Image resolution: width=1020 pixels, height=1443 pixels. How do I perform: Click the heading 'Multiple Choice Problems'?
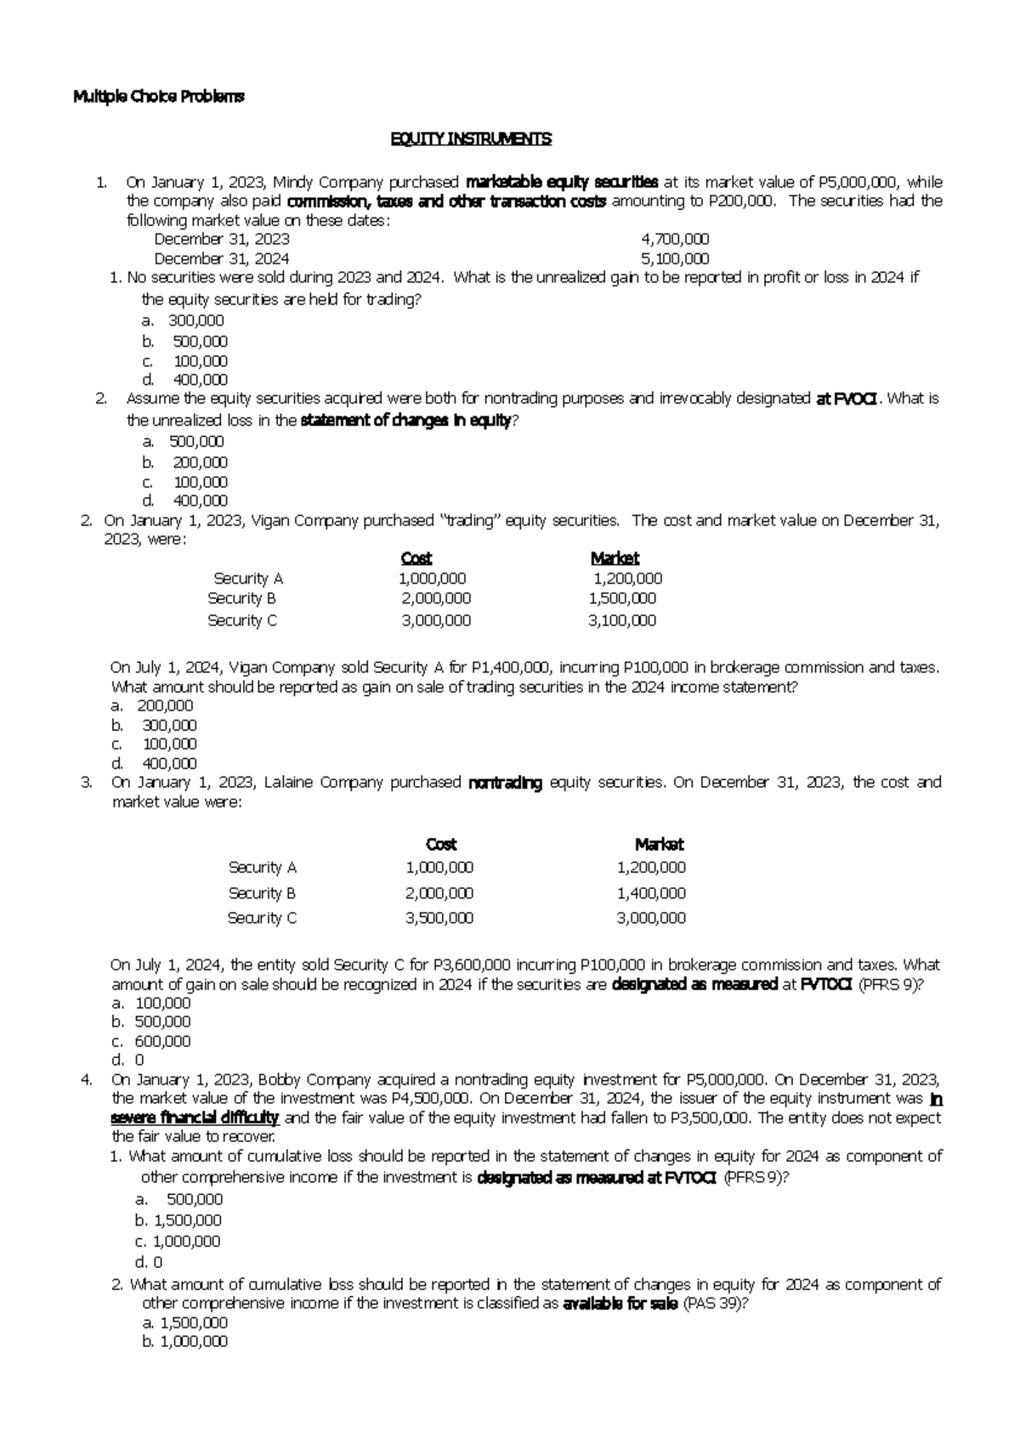158,97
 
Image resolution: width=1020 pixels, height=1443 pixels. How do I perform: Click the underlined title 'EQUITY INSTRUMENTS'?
470,139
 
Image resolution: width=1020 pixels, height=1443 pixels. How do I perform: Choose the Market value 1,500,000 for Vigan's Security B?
622,598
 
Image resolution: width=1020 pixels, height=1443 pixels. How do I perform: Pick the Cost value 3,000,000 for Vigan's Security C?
436,620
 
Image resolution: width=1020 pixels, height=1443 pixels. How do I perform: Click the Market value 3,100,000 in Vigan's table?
622,620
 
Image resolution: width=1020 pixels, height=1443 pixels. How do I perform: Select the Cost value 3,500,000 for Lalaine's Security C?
439,918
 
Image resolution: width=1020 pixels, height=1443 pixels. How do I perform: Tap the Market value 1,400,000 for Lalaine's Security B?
651,893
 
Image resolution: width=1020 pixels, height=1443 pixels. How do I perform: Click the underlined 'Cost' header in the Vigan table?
416,558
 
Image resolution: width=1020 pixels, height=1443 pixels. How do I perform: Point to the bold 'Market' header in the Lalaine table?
659,845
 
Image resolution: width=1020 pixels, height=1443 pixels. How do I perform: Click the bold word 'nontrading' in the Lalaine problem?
505,783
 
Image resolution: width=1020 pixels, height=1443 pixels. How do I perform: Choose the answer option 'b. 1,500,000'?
178,1220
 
